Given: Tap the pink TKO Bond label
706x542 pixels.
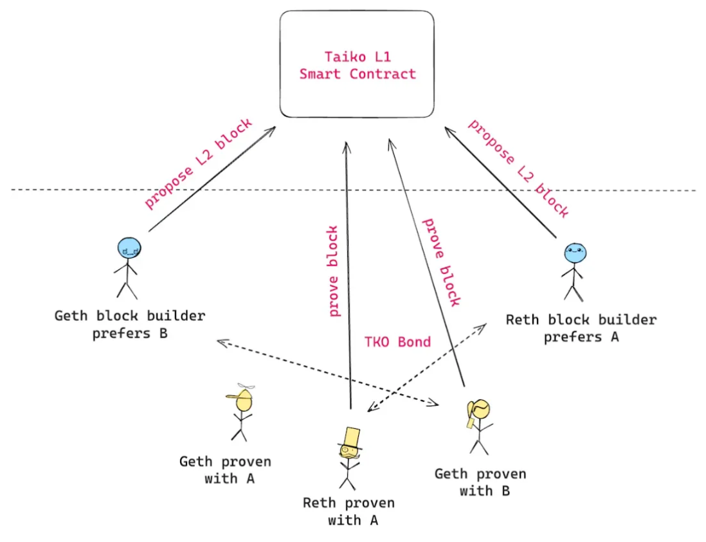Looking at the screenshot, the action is click(397, 342).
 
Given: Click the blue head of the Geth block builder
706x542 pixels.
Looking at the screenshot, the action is click(129, 249).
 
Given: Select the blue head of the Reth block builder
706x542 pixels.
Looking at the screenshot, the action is click(575, 253).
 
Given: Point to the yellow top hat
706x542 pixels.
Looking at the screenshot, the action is click(351, 438).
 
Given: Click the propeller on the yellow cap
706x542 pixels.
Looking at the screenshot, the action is click(246, 386).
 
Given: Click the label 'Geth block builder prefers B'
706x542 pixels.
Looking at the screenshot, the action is click(130, 325).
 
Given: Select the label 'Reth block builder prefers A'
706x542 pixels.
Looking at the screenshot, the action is click(581, 328).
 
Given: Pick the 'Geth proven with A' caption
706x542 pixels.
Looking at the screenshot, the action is click(225, 470).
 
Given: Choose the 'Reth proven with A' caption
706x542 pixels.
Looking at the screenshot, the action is click(349, 511).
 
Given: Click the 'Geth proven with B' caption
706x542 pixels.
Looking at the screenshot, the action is click(480, 482).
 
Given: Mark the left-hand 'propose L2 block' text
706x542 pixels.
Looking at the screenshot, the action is click(198, 164).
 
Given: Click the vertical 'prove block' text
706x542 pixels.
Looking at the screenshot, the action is click(332, 271).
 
